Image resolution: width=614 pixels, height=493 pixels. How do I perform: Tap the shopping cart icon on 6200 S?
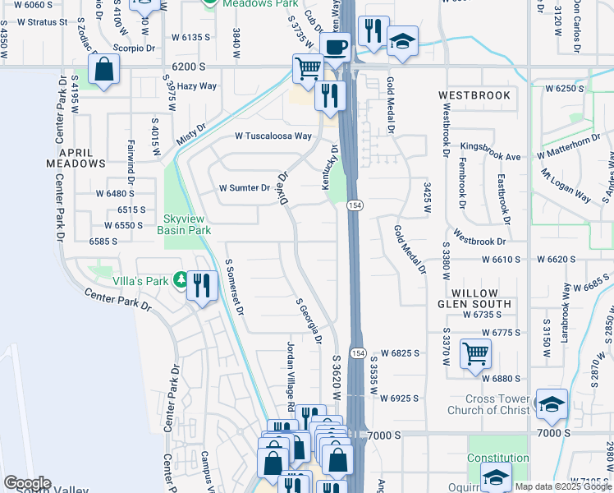pyautogui.click(x=308, y=69)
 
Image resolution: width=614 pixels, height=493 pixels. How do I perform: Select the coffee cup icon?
pyautogui.click(x=335, y=47)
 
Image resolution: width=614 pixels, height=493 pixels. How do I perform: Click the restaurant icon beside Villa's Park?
pyautogui.click(x=202, y=286)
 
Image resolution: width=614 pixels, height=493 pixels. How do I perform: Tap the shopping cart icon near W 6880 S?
pyautogui.click(x=475, y=354)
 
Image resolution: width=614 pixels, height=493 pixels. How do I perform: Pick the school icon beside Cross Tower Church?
pyautogui.click(x=552, y=403)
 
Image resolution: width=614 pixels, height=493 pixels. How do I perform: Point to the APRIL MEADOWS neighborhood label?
pyautogui.click(x=81, y=158)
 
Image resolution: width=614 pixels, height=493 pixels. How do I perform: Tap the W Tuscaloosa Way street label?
pyautogui.click(x=273, y=136)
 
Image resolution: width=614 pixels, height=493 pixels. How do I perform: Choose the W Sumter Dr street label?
pyautogui.click(x=245, y=187)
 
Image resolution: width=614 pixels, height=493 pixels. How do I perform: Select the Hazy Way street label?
pyautogui.click(x=197, y=85)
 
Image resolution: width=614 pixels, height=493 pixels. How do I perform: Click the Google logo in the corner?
pyautogui.click(x=27, y=482)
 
